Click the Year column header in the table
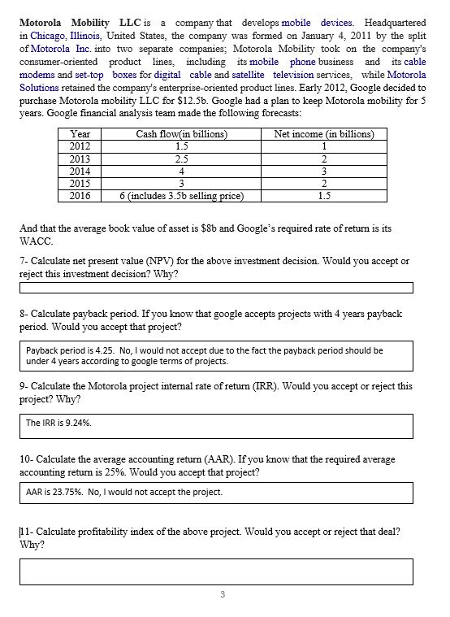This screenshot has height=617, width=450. (80, 134)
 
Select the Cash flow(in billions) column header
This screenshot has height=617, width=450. (181, 134)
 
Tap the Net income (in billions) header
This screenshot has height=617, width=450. (324, 134)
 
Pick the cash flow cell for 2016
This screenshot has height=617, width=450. (181, 196)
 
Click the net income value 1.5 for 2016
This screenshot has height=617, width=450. (324, 196)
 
